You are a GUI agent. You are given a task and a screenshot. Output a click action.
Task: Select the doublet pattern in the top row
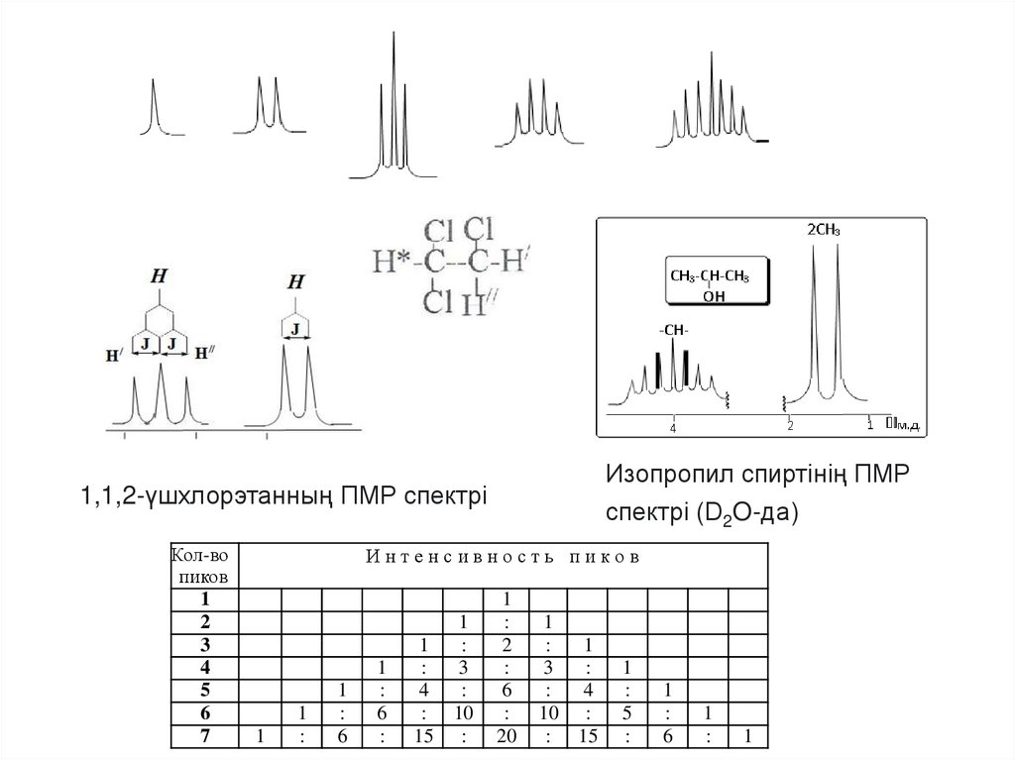point(268,105)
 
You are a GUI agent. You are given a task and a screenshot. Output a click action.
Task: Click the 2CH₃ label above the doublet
point(825,230)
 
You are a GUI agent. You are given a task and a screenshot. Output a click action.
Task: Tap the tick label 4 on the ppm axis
point(673,430)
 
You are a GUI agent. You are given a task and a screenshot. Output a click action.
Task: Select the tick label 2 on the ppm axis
point(790,426)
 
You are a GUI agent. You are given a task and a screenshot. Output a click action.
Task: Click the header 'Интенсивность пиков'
point(503,556)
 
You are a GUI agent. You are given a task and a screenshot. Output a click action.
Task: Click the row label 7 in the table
point(205,736)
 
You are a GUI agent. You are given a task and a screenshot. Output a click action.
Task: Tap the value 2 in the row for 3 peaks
point(505,645)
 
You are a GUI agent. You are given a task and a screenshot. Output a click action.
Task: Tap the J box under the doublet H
point(296,327)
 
